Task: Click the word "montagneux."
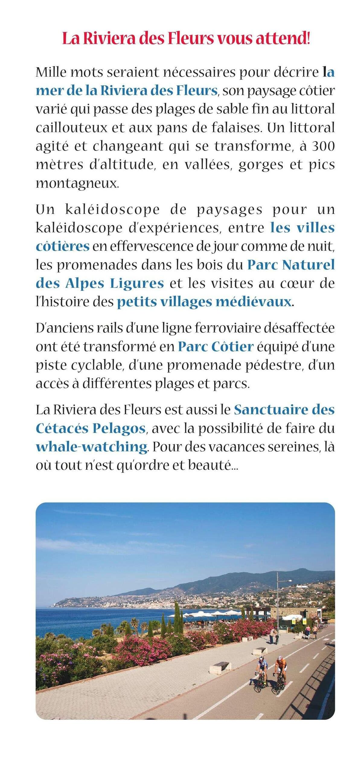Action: (78, 183)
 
